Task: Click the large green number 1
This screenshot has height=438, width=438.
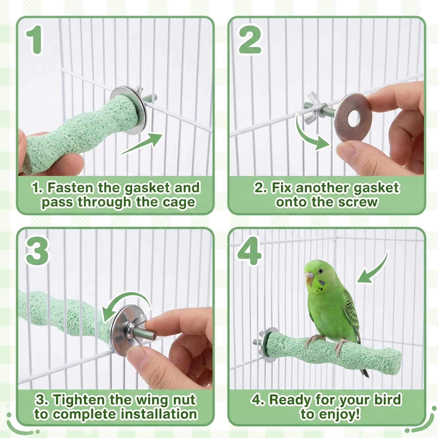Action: point(35,39)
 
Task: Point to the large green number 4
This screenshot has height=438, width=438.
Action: point(249,251)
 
